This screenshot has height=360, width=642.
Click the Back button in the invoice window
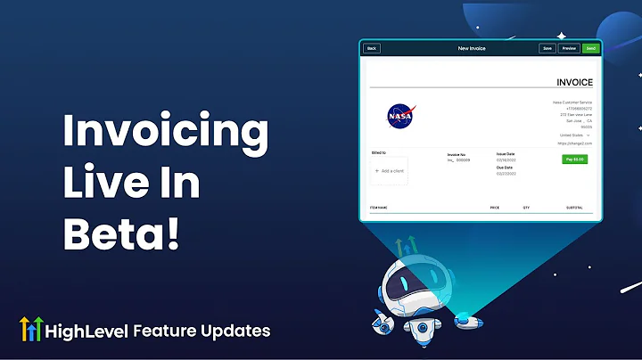372,48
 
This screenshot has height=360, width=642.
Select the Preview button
569,48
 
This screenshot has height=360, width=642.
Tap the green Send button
590,48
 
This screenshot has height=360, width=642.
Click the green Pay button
573,160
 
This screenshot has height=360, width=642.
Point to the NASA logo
399,115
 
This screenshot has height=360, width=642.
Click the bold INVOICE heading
574,83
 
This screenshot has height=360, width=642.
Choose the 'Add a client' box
390,170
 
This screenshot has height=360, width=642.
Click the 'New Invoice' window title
472,48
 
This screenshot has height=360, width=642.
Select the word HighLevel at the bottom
92,331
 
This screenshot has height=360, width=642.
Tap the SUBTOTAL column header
573,208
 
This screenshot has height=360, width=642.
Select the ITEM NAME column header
379,208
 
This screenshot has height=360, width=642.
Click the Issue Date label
506,154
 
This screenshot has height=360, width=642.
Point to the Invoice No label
457,155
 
